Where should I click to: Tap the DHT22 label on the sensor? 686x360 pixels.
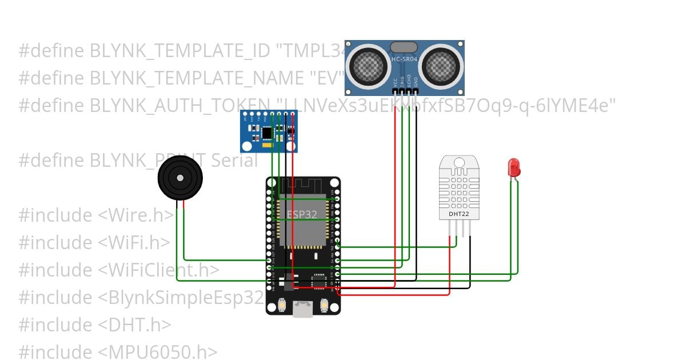[458, 214]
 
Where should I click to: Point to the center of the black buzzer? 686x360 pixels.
[180, 178]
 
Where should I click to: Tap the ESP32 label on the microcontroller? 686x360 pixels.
[301, 215]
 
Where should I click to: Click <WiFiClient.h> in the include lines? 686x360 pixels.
[158, 270]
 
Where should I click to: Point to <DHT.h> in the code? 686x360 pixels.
[134, 325]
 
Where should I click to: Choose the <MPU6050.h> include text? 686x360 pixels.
[158, 352]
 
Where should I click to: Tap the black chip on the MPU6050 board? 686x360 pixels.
[267, 133]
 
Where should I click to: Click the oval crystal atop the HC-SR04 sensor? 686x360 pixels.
[404, 47]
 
